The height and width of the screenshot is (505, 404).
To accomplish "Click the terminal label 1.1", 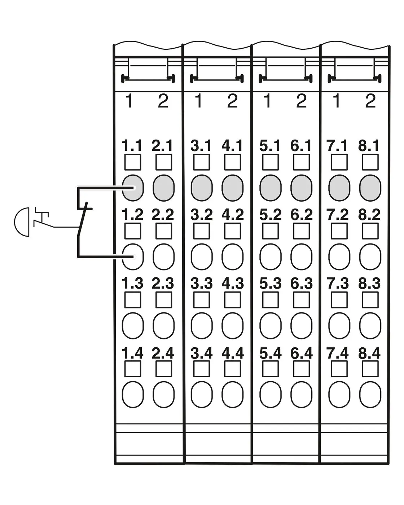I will [132, 146].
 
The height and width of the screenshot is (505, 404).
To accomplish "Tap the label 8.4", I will [369, 353].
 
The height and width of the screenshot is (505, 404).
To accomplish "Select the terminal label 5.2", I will [270, 215].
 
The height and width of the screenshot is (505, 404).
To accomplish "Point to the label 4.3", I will [232, 284].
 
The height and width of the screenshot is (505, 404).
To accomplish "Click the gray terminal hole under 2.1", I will [163, 188].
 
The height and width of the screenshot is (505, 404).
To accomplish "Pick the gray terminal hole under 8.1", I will [370, 188].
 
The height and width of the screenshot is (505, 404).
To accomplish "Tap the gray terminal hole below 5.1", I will [270, 188].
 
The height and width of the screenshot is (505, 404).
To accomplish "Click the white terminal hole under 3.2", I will [202, 257].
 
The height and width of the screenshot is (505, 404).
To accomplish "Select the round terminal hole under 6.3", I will [301, 326].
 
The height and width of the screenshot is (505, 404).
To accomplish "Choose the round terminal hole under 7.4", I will [339, 394].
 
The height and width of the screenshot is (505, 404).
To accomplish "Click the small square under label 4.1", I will [232, 162].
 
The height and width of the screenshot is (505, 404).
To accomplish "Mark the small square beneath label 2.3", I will [163, 300].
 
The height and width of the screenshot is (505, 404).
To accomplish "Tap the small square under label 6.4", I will [301, 369].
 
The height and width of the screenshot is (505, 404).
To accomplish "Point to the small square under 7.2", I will [339, 231].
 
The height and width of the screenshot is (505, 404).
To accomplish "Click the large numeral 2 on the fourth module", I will [370, 101].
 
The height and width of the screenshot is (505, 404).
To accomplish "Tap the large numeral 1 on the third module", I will [267, 101].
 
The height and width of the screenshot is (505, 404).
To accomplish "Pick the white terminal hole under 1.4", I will [133, 394].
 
